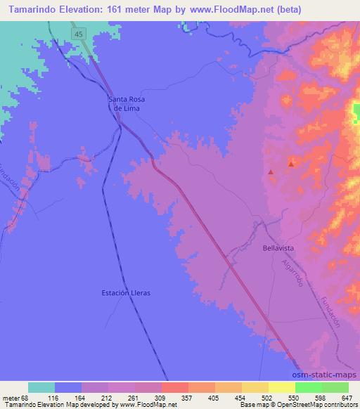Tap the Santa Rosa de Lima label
tap(127, 104)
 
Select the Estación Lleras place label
tap(127, 292)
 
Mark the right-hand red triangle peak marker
tap(291, 164)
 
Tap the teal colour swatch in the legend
tap(42, 387)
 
